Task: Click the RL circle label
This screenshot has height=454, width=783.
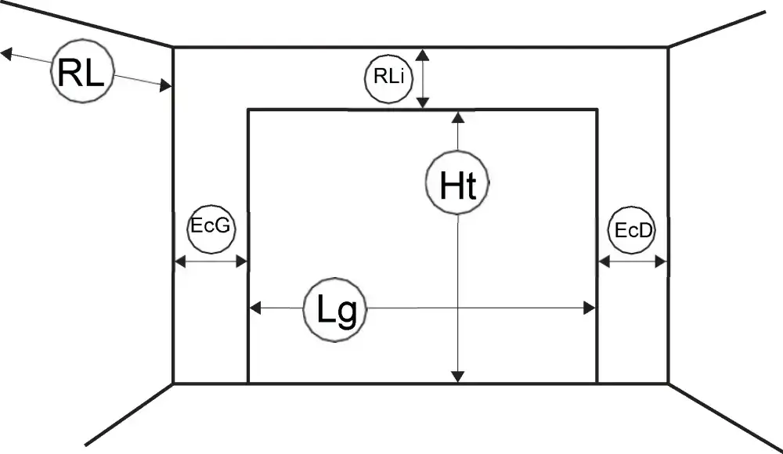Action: click(82, 72)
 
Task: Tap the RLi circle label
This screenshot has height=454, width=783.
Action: click(388, 78)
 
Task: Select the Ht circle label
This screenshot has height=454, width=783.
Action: click(457, 183)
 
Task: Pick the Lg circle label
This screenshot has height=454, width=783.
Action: click(335, 310)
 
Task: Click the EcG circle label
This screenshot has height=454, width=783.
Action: click(211, 229)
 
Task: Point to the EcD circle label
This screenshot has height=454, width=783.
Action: click(632, 230)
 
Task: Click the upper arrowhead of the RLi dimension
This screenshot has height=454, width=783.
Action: click(423, 55)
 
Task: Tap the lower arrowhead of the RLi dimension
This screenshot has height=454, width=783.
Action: click(423, 102)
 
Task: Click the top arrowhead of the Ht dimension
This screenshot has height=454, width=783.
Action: click(457, 117)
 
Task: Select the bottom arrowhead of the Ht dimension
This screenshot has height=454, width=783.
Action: click(457, 377)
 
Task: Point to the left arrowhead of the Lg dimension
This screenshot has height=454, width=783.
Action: click(254, 308)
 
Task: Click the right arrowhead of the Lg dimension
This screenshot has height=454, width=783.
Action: click(590, 308)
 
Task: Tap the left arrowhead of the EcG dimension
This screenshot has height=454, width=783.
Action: click(180, 261)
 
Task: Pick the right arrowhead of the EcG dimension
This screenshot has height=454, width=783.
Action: click(241, 261)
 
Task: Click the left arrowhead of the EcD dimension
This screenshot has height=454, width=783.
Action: click(604, 261)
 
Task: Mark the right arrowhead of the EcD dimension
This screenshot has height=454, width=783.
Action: click(661, 261)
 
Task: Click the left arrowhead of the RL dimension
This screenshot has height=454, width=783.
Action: click(6, 53)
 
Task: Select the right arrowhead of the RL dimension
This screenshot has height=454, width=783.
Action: click(166, 85)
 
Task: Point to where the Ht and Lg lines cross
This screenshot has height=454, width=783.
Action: click(457, 308)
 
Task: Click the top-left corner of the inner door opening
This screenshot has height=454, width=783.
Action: click(248, 110)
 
